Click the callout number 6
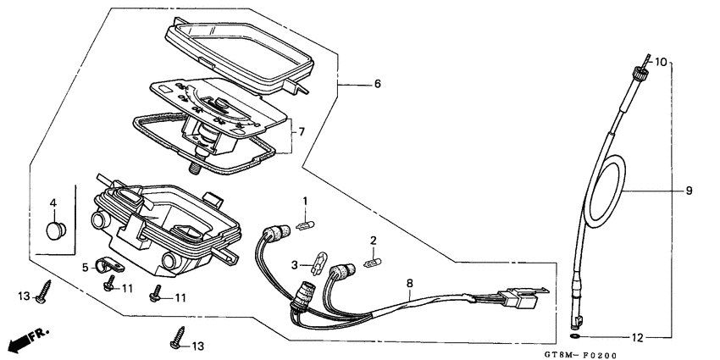pos(377,84)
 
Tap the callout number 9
pos(689,191)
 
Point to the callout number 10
pos(662,62)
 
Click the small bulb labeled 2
pos(369,264)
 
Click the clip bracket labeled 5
pos(108,267)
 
